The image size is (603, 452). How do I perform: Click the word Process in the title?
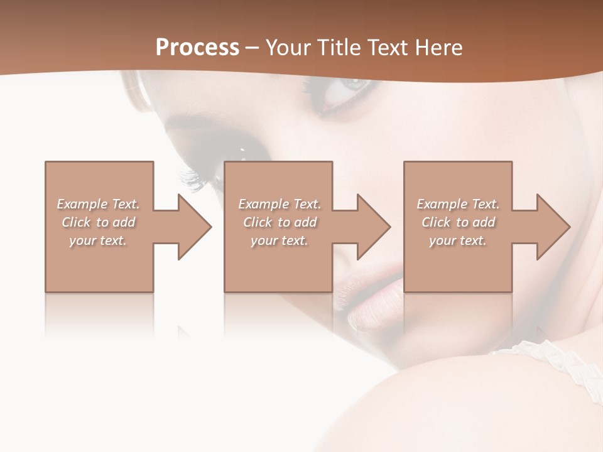pos(197,48)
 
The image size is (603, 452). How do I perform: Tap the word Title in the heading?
pos(337,48)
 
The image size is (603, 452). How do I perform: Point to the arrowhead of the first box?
pos(195,227)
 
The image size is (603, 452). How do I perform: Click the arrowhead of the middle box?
pos(374,227)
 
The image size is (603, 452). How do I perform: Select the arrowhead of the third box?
pos(553,227)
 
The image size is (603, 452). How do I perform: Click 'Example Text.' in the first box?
pos(99,204)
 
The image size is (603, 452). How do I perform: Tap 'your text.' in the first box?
pos(99,240)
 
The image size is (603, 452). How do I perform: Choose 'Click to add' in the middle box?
pos(280,222)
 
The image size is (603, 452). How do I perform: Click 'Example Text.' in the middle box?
pos(280,204)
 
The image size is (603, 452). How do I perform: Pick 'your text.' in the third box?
pos(458,240)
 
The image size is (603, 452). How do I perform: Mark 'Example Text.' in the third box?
pos(458,204)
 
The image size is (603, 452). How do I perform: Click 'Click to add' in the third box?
pos(458,222)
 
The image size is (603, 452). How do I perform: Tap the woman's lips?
pos(371,295)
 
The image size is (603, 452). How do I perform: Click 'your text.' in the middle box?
pos(280,240)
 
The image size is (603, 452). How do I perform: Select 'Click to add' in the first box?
pos(99,222)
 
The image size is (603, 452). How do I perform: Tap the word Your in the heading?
pos(288,48)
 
